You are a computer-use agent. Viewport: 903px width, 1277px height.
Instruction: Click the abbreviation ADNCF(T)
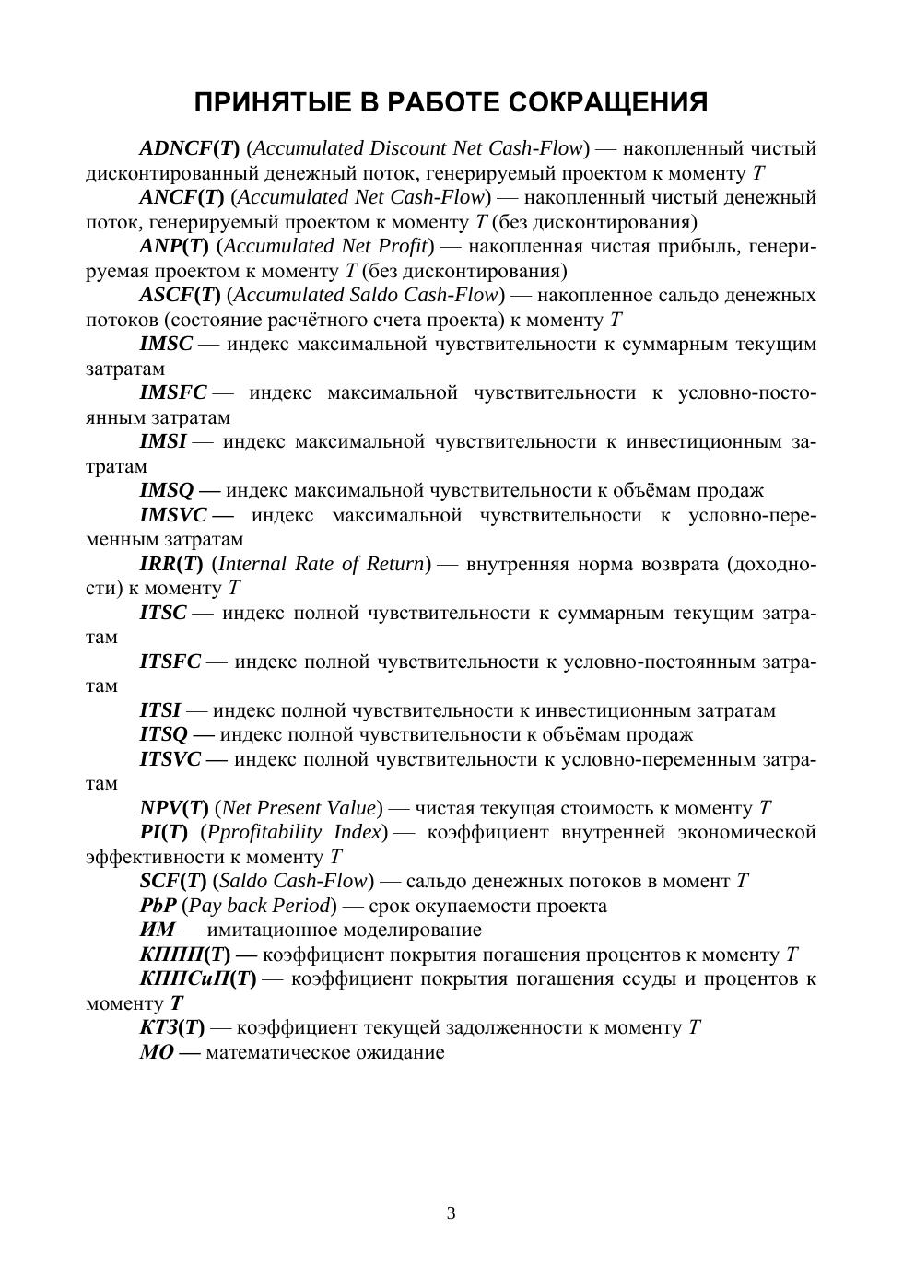coord(189,148)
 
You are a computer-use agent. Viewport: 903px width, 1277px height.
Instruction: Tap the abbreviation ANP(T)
coord(174,246)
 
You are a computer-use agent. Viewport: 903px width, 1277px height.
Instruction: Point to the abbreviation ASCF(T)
coord(180,295)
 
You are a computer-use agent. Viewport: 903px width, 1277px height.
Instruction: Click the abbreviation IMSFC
coord(173,392)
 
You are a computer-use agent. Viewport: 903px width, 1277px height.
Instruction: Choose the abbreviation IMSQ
coord(167,490)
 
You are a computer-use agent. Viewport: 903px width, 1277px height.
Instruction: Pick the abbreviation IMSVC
coord(173,514)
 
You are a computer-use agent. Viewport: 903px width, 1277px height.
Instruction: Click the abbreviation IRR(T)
coord(170,563)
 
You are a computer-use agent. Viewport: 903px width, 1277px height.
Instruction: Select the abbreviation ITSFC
coord(170,661)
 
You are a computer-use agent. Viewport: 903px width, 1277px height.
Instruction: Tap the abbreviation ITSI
coord(160,710)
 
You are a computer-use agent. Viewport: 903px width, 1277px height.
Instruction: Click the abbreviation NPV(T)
coord(173,808)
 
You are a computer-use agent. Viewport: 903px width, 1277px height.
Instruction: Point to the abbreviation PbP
coord(158,906)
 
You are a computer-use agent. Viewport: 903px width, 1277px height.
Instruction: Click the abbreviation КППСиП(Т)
coord(197,978)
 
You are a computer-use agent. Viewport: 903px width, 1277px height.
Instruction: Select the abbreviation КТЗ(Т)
coord(171,1027)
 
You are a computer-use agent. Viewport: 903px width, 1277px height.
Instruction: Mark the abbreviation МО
coord(156,1052)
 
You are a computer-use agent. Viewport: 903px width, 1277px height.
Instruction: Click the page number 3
coord(451,1213)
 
